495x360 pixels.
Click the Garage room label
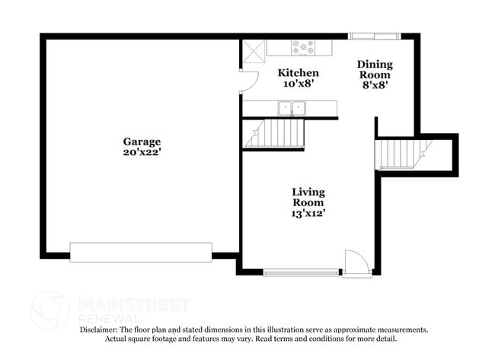[x=142, y=141]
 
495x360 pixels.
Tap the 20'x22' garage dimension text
[x=142, y=151]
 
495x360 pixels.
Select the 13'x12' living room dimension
[x=308, y=214]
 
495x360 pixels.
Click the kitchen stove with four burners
[x=303, y=47]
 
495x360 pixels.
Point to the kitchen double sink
[x=291, y=108]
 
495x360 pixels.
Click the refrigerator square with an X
[x=254, y=50]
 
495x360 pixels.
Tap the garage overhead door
[x=141, y=252]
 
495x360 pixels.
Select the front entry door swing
[x=356, y=262]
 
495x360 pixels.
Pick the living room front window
[x=302, y=272]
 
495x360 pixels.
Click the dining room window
[x=374, y=36]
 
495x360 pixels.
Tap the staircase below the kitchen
[x=274, y=134]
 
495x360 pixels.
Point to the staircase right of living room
[x=404, y=153]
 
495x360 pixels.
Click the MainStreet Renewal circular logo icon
[x=50, y=310]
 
